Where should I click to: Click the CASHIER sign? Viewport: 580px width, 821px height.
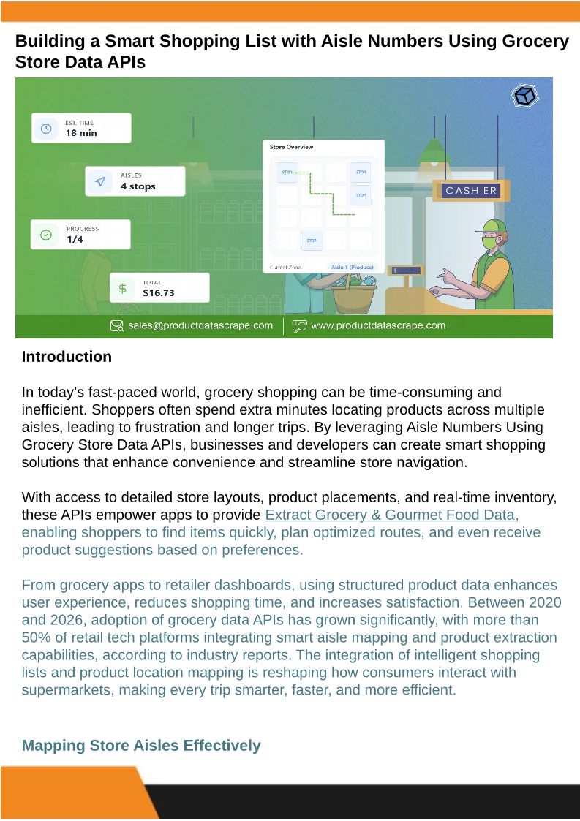[x=472, y=191]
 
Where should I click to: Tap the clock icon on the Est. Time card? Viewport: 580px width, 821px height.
[x=46, y=129]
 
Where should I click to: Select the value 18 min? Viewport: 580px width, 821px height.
[x=81, y=133]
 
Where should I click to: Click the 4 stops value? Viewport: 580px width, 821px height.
[x=138, y=186]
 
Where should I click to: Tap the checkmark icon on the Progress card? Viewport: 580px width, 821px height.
[x=46, y=235]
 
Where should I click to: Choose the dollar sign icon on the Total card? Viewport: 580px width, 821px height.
[x=123, y=288]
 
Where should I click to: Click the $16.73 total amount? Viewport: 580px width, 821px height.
[x=158, y=293]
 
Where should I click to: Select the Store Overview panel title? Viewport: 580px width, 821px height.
[x=291, y=147]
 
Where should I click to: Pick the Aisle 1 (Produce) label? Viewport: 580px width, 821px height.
[x=353, y=268]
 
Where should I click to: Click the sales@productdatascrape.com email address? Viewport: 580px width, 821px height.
[x=200, y=325]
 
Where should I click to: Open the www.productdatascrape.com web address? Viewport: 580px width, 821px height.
[x=377, y=325]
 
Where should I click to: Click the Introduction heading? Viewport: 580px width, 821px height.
[x=67, y=357]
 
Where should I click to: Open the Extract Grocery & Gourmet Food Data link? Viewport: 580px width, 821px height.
[x=392, y=515]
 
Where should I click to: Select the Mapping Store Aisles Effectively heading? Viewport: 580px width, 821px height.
[x=141, y=746]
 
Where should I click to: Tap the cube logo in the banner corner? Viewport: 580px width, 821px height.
[x=524, y=96]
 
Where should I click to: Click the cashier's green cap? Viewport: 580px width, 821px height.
[x=494, y=226]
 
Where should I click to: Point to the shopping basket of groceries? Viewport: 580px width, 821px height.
[x=354, y=291]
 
